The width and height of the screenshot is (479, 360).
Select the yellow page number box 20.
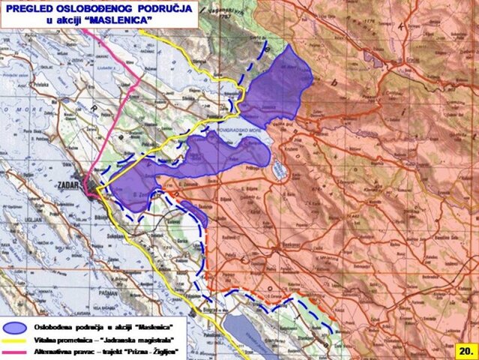point(465,350)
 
